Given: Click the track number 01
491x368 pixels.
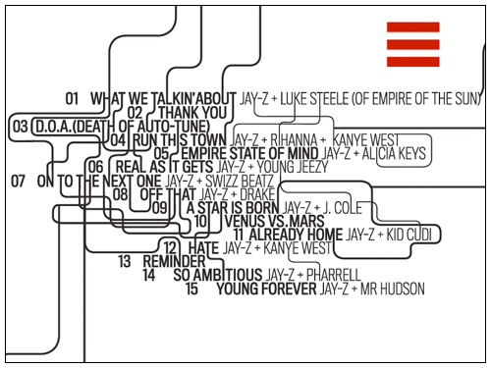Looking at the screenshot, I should (72, 99).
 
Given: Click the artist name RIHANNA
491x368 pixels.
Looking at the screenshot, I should (295, 140).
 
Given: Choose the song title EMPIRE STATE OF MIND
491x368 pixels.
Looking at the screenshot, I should (248, 154).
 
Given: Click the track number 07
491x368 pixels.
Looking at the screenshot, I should (19, 182).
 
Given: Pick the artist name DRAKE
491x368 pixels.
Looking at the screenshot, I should (257, 194).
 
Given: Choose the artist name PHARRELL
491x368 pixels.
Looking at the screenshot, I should (336, 276).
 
